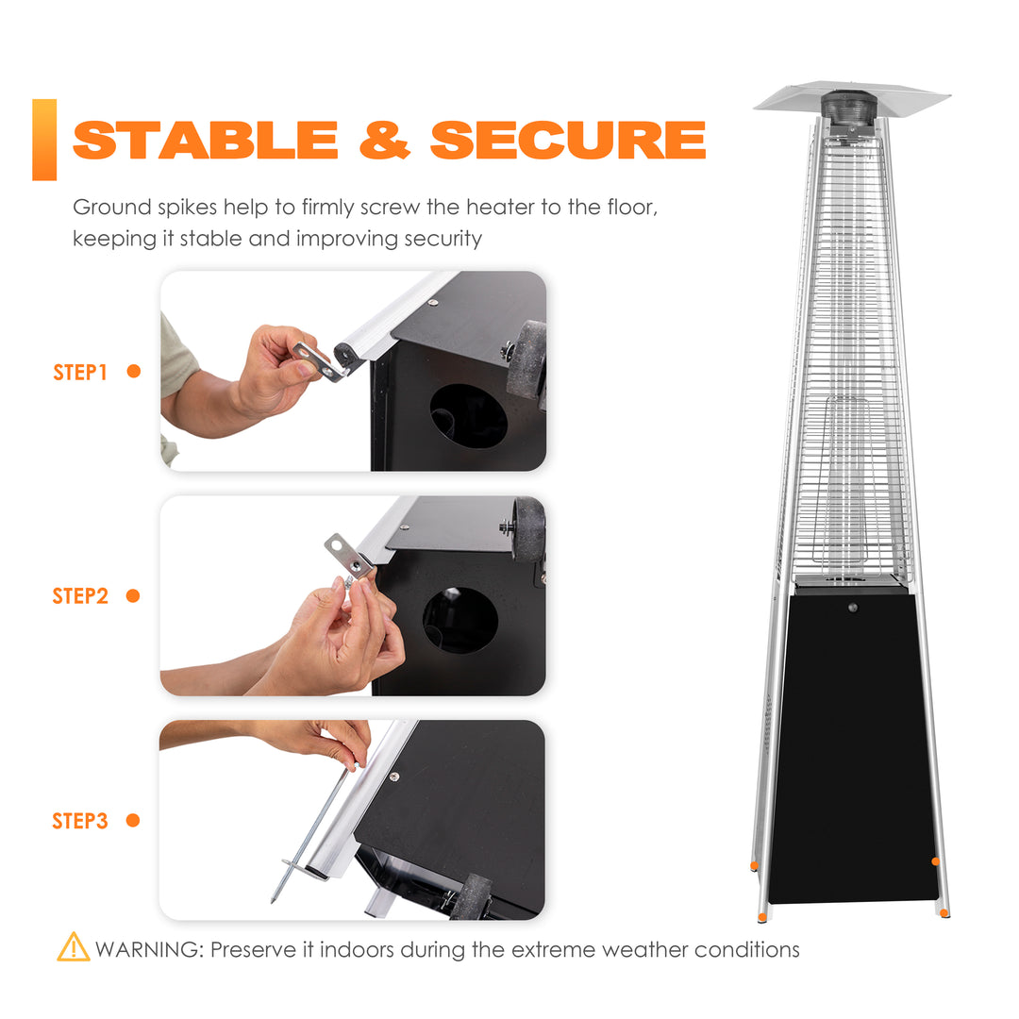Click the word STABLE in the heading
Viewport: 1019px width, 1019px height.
(x=206, y=140)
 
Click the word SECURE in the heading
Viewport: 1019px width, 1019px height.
(x=568, y=140)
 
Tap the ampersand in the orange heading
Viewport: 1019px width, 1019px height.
(x=385, y=140)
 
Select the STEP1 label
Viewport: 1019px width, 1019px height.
(x=80, y=373)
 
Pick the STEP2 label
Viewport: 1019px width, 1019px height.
(x=80, y=596)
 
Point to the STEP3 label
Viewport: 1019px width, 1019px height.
(x=80, y=821)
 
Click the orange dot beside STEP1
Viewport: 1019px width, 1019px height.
(x=134, y=371)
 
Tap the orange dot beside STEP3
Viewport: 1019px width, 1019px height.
(x=133, y=820)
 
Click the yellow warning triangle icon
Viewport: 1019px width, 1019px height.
(x=74, y=947)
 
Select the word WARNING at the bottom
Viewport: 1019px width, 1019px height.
(x=149, y=949)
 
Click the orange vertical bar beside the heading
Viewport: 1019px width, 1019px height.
(x=44, y=140)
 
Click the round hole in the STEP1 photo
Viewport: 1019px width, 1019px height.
(x=469, y=416)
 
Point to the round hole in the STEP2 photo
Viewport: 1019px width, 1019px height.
(x=460, y=621)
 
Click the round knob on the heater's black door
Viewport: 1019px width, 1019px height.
(x=853, y=608)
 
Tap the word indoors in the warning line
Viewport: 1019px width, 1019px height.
(x=357, y=949)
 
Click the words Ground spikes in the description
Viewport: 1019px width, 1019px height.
(x=145, y=208)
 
